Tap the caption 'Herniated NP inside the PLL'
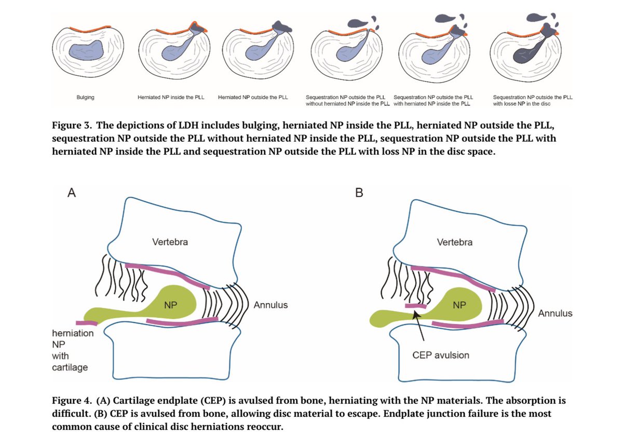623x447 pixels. (x=171, y=97)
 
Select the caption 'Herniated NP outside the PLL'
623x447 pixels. (x=253, y=97)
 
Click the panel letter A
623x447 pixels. (x=72, y=193)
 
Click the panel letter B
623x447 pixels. (x=359, y=193)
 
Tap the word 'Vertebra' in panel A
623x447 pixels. (x=170, y=242)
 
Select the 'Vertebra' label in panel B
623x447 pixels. (x=455, y=242)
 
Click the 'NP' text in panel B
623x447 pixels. (x=459, y=305)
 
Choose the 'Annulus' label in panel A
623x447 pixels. (x=270, y=305)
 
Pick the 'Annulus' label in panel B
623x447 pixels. (x=555, y=314)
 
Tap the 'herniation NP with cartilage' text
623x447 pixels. (x=72, y=350)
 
